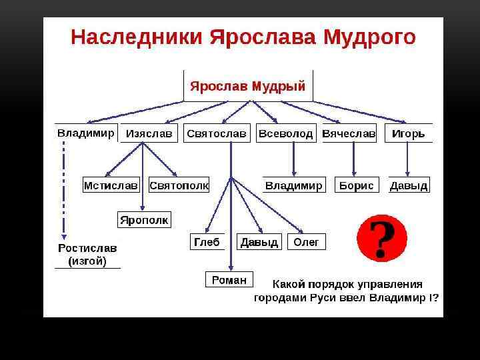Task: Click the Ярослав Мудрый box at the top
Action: tap(248, 86)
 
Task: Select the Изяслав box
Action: tap(149, 133)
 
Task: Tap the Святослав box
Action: tap(217, 133)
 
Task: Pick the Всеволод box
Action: tap(286, 133)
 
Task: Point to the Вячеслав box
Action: tap(349, 133)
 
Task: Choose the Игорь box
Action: tap(408, 133)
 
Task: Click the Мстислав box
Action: tap(111, 185)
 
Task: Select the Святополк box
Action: tap(179, 185)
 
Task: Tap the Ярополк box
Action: tap(145, 219)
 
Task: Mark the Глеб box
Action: tap(207, 241)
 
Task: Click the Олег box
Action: tap(307, 241)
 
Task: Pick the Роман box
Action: tap(229, 280)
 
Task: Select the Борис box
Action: tap(357, 185)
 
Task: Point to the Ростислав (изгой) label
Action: tap(87, 254)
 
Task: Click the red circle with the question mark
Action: tap(381, 238)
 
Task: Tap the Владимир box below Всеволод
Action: tap(294, 185)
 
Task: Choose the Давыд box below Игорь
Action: tap(409, 185)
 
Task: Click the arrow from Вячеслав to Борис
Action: tap(353, 159)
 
